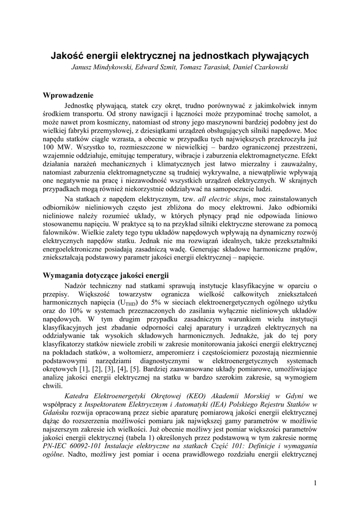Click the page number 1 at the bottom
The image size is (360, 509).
pyautogui.click(x=315, y=482)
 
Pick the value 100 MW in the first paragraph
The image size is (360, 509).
pyautogui.click(x=54, y=149)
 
